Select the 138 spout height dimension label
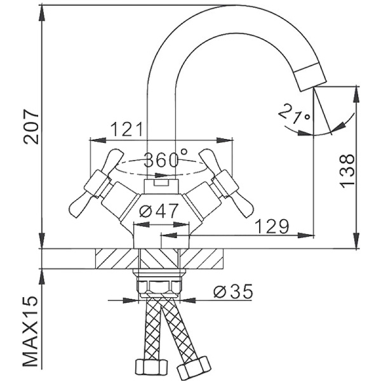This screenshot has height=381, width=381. [x=347, y=170]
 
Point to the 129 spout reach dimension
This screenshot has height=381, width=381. [x=272, y=226]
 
